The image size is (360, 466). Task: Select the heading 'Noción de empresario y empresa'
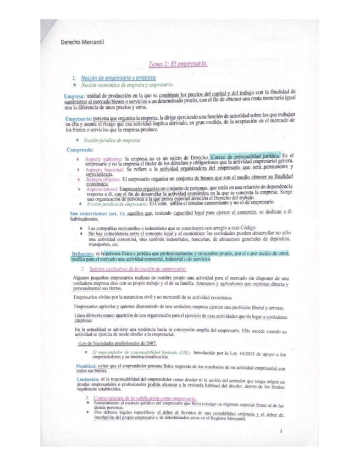[118, 79]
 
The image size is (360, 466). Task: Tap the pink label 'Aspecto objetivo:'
[103, 180]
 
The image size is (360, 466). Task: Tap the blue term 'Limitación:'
[87, 380]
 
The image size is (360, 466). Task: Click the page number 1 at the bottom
[280, 431]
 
